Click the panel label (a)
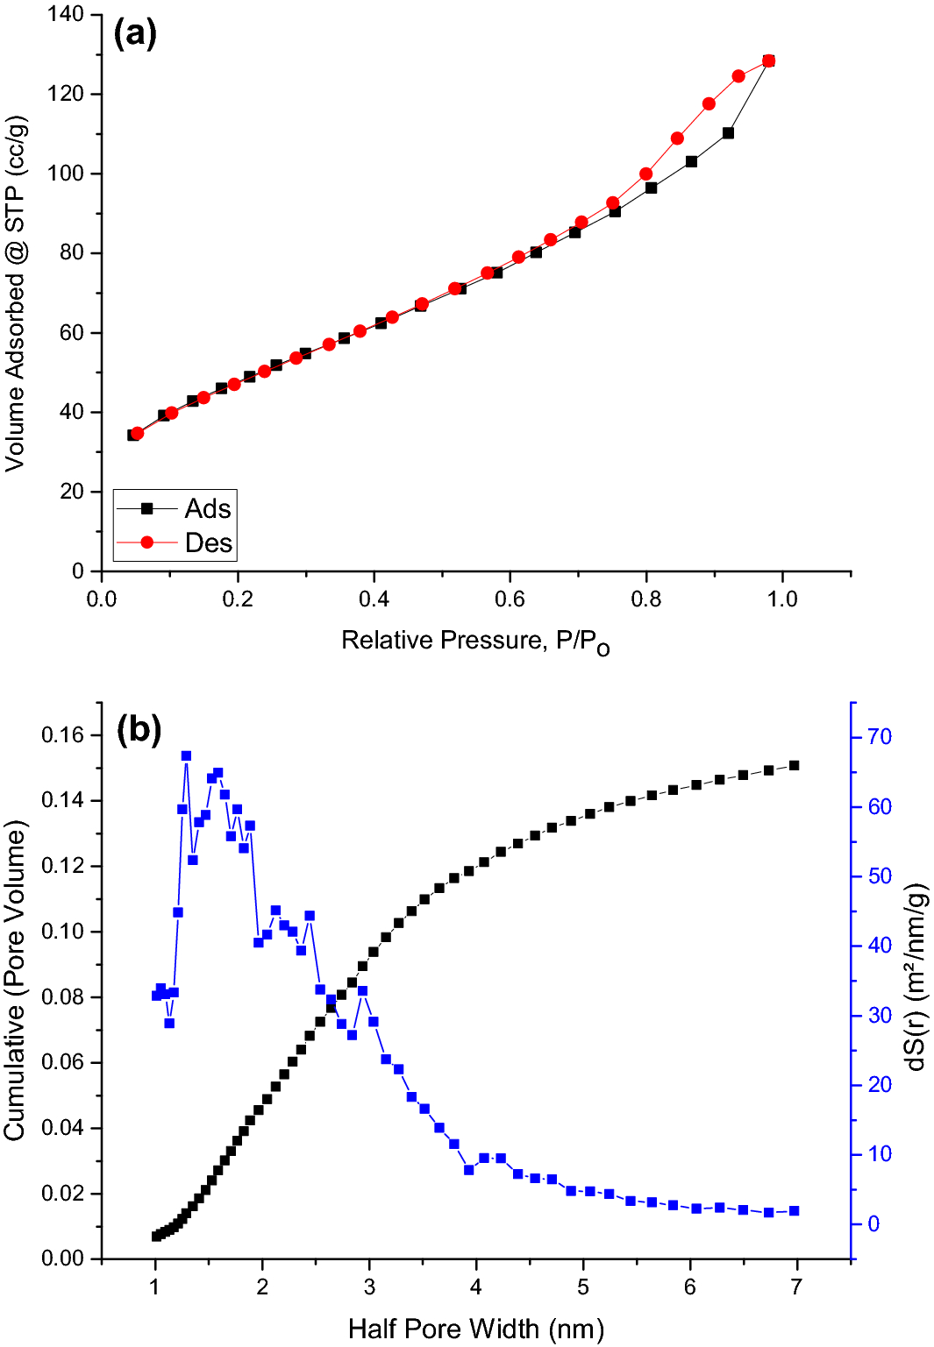[x=135, y=34]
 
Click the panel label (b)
[x=139, y=729]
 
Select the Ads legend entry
[x=208, y=508]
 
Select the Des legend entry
[x=208, y=543]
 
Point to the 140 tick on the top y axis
[x=67, y=14]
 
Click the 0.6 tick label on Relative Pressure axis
[x=510, y=599]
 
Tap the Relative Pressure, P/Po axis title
[x=475, y=642]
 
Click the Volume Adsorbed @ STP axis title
[x=16, y=294]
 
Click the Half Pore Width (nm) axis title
[x=475, y=1329]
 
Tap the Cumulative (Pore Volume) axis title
[x=16, y=981]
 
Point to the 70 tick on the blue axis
[x=879, y=737]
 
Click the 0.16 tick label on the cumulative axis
[x=63, y=735]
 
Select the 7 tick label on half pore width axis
[x=796, y=1287]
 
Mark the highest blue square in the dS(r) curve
[x=186, y=755]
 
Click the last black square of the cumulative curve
[x=795, y=765]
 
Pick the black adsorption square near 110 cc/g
[x=728, y=133]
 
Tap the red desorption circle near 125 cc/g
[x=738, y=76]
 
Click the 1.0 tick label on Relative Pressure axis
[x=782, y=599]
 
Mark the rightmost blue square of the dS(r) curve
[x=795, y=1211]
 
